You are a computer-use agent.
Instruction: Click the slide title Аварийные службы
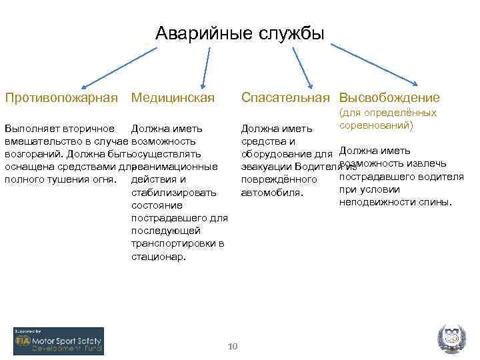coord(239,33)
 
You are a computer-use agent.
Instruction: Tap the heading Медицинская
coord(173,98)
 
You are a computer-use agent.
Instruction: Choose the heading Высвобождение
coord(389,98)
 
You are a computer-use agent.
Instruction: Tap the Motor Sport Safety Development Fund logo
coord(59,341)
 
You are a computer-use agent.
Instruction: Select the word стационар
coord(159,256)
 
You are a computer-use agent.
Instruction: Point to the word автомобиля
coord(272,193)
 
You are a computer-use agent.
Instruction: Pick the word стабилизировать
coord(174,193)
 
